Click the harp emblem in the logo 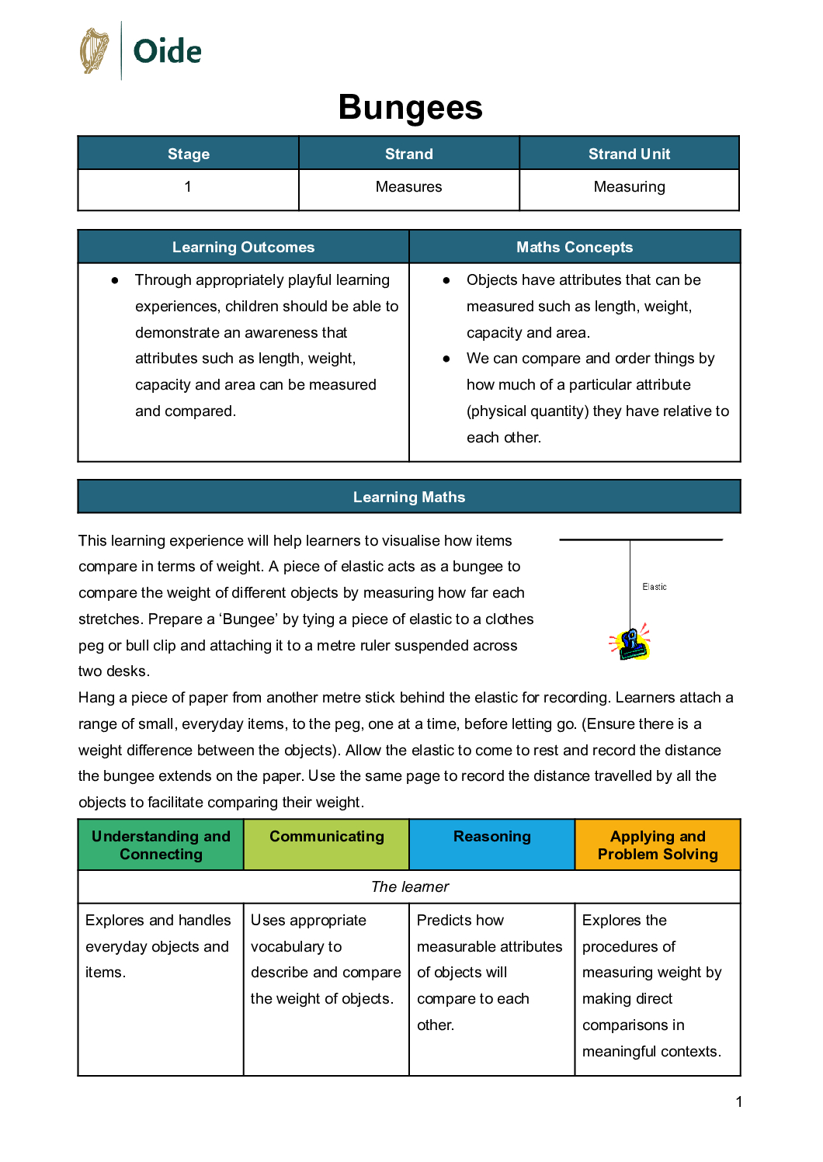(x=95, y=51)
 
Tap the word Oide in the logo (x=167, y=52)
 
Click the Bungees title (x=410, y=107)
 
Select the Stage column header (x=189, y=154)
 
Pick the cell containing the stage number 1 (x=188, y=187)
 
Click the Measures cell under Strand (x=408, y=187)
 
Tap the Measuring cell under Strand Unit (x=629, y=187)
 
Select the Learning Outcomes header (x=243, y=247)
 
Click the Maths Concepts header (x=575, y=247)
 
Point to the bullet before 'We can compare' (x=446, y=359)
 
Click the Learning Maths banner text (x=409, y=497)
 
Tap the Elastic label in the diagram (x=655, y=587)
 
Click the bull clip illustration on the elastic (x=631, y=643)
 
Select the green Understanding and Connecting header (x=161, y=845)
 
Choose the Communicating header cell (x=327, y=837)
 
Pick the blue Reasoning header (x=492, y=837)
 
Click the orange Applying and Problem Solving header (x=658, y=845)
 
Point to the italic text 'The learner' (x=410, y=886)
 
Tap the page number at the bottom (x=739, y=1101)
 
